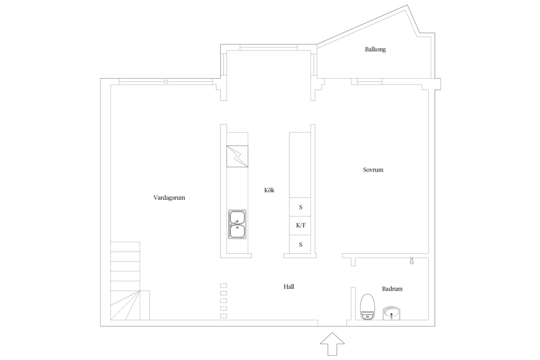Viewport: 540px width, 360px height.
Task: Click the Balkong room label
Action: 375,49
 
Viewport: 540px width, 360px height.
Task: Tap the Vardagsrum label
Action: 169,198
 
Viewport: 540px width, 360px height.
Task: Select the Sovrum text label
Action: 373,170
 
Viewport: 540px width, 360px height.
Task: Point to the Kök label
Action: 269,190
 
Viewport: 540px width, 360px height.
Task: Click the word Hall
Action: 289,286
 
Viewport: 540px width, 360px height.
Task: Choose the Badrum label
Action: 392,289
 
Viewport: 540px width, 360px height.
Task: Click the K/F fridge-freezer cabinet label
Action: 301,225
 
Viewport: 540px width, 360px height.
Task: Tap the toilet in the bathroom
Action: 368,307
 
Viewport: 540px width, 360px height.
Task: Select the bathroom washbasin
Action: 391,313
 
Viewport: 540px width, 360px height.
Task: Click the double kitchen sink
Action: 237,224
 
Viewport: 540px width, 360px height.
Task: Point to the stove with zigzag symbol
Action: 237,156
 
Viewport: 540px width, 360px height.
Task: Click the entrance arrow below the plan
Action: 332,344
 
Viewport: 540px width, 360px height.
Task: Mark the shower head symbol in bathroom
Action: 412,261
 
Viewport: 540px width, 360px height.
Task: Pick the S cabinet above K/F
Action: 300,207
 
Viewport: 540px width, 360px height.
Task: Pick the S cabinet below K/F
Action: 300,244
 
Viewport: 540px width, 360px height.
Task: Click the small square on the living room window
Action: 166,82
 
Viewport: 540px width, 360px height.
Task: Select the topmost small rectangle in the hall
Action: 223,285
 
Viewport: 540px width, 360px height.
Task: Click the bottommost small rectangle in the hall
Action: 223,316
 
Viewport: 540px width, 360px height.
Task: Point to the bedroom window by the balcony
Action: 370,82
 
